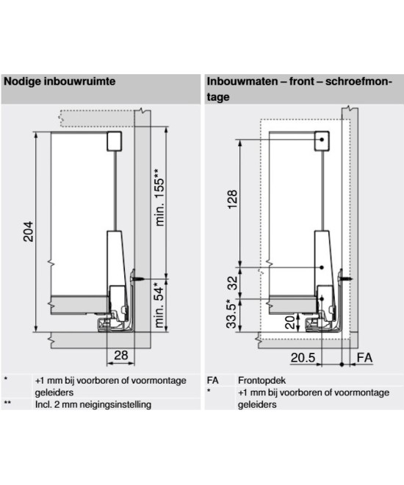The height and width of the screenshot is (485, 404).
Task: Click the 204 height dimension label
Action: (x=29, y=231)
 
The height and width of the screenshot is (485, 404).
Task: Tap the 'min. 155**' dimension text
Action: (x=159, y=198)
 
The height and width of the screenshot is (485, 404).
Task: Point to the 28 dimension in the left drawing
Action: (x=121, y=355)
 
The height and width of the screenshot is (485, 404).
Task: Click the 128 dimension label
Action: (x=232, y=199)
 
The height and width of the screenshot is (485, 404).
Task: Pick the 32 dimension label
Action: (x=232, y=283)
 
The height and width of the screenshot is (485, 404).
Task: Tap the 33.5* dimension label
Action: (x=232, y=314)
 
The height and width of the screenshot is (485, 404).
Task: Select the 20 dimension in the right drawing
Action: (x=290, y=323)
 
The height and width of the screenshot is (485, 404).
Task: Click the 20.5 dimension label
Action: (x=303, y=358)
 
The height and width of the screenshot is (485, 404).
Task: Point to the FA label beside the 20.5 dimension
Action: (x=364, y=358)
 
